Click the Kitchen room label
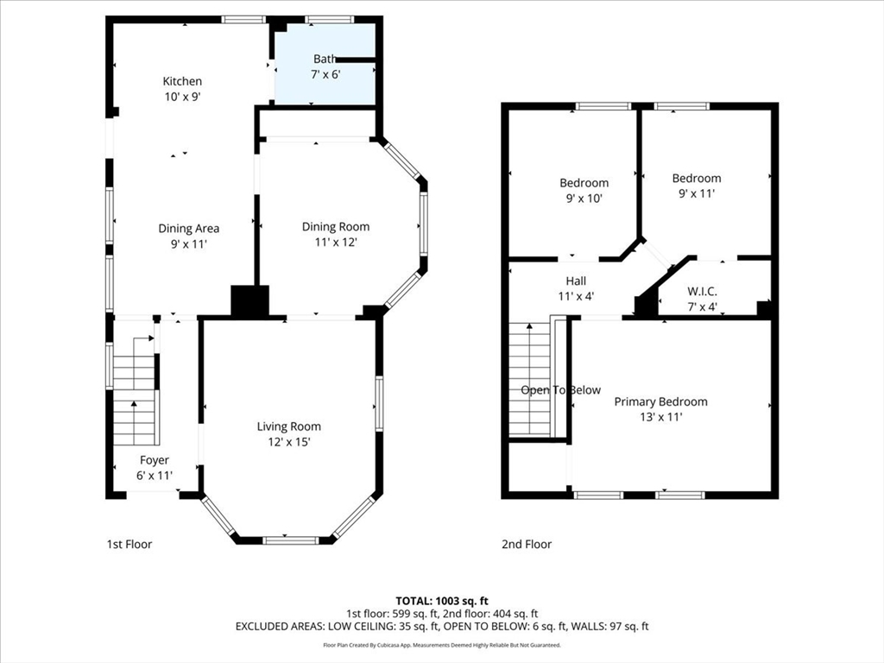[x=182, y=81]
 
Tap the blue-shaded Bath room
[x=325, y=64]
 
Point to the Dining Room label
[x=336, y=227]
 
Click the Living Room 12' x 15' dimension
[x=288, y=442]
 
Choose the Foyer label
[x=154, y=461]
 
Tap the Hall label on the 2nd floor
[x=576, y=281]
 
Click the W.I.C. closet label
[x=702, y=292]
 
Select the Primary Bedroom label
[x=660, y=401]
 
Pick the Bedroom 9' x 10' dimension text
[x=584, y=199]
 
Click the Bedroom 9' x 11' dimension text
[x=697, y=193]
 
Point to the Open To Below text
[x=560, y=390]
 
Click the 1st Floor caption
[x=129, y=544]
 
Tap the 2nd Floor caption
[x=527, y=544]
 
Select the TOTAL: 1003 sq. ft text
[x=441, y=601]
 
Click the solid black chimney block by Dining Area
[x=249, y=301]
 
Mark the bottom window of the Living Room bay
[x=291, y=540]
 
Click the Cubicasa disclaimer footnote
[x=441, y=645]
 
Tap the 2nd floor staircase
[x=530, y=379]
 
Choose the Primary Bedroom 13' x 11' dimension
[x=660, y=417]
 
